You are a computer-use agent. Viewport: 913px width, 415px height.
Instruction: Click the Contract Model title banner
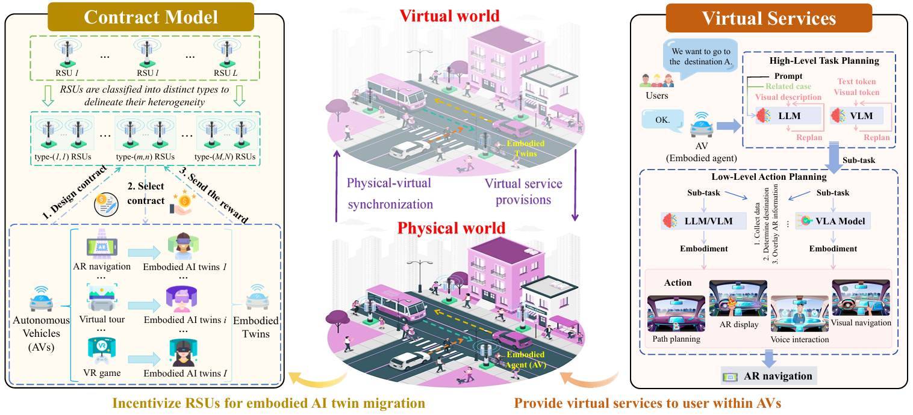(151, 17)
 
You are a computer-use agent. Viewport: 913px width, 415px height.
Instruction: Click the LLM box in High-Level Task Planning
(789, 115)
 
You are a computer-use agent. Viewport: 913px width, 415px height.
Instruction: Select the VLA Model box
(832, 221)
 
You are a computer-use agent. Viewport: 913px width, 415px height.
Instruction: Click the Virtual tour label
(102, 319)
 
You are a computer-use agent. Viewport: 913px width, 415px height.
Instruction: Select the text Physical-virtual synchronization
(390, 193)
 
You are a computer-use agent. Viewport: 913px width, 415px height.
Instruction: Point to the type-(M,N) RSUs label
(226, 157)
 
